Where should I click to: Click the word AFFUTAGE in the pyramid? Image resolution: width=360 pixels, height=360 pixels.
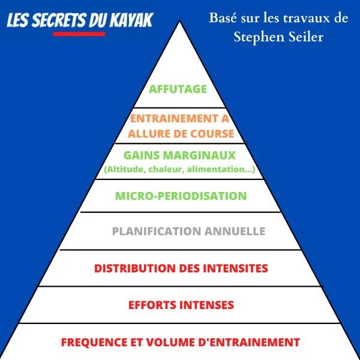click(178, 89)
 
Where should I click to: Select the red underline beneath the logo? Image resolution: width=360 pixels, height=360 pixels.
click(79, 34)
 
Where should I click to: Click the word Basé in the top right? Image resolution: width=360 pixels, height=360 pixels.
click(223, 17)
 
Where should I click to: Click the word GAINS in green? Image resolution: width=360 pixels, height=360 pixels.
click(142, 155)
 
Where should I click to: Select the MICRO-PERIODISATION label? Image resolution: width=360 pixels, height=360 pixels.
click(181, 196)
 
